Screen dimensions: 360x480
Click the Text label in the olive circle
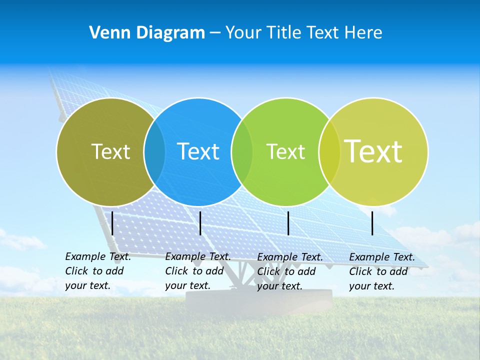110,151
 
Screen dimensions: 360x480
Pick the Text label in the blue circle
198,151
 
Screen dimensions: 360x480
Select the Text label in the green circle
285,151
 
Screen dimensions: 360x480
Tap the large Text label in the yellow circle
373,151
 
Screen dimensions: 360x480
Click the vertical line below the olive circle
112,223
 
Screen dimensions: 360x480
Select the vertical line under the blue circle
200,223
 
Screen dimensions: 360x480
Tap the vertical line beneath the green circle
288,223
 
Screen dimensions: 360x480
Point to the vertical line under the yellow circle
372,223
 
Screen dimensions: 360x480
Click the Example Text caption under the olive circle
97,271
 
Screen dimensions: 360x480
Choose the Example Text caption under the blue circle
197,271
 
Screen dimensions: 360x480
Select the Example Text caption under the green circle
289,271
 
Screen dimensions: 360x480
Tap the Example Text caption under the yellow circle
381,271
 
